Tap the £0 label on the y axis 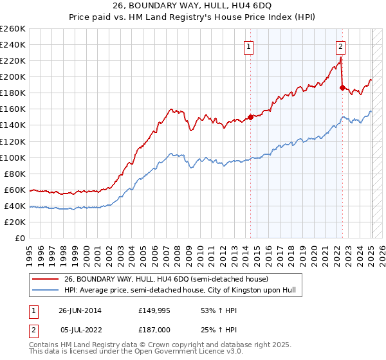(20, 238)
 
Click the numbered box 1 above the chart (248, 46)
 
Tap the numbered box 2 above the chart (340, 46)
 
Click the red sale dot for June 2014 (250, 117)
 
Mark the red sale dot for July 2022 (342, 87)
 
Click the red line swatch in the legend (45, 279)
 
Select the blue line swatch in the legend (45, 291)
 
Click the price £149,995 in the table (152, 310)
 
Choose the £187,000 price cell (152, 328)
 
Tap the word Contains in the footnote (44, 346)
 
